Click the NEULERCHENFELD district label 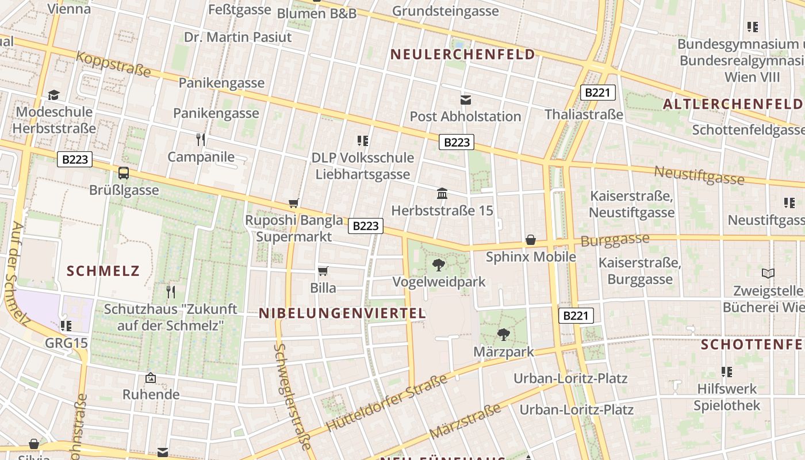[x=462, y=55]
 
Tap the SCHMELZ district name [x=103, y=270]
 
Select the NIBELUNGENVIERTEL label [x=343, y=313]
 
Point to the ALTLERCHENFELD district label [x=733, y=104]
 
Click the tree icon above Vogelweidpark [x=439, y=265]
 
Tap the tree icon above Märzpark [x=504, y=334]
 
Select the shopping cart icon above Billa [x=323, y=271]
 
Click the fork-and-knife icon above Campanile [x=201, y=140]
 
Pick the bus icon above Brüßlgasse [x=124, y=173]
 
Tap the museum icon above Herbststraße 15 [x=442, y=194]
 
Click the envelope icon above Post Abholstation [x=466, y=100]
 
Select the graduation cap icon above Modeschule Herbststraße [x=54, y=95]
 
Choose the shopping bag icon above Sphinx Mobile [x=531, y=240]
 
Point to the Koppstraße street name [x=113, y=64]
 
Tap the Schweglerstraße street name [x=293, y=397]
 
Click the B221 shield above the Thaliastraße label [x=598, y=93]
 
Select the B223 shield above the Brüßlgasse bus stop [x=75, y=159]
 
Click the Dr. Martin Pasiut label [x=237, y=37]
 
